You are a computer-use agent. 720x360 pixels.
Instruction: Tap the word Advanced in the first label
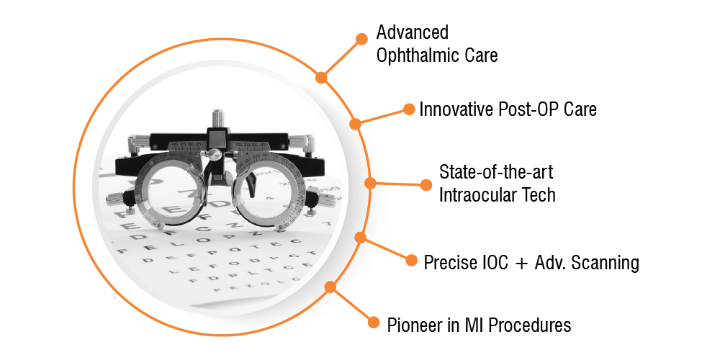click(413, 32)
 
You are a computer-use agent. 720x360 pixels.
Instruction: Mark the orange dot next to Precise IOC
click(411, 260)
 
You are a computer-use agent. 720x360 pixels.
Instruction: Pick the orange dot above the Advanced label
click(362, 39)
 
